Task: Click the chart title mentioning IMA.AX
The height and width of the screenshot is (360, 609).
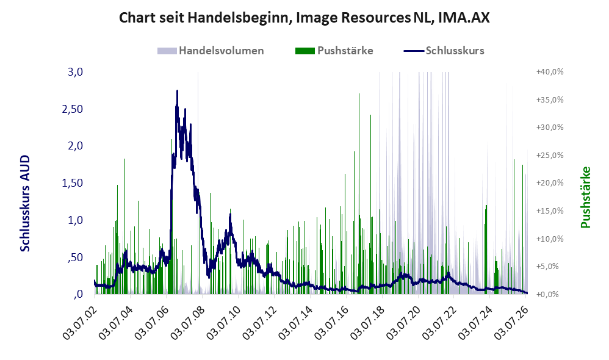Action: [x=304, y=18]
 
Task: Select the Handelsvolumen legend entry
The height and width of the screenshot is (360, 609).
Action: [x=211, y=51]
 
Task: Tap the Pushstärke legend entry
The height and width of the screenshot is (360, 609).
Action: [x=334, y=51]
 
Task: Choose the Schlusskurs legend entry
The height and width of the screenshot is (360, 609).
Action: [x=444, y=51]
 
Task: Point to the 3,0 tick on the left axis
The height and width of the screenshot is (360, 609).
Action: [x=75, y=72]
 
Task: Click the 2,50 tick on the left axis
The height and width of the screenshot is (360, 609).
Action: [x=72, y=109]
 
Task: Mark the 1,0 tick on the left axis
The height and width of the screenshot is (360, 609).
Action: [x=75, y=220]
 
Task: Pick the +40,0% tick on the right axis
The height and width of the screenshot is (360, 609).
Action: [x=550, y=72]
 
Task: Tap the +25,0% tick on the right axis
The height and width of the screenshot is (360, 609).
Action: [x=550, y=156]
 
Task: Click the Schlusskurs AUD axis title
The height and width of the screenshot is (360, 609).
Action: [x=25, y=203]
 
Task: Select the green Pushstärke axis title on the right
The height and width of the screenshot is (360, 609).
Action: [x=585, y=197]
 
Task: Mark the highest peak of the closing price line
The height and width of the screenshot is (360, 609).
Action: [x=177, y=91]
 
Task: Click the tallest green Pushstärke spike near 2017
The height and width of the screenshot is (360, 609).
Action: [x=359, y=93]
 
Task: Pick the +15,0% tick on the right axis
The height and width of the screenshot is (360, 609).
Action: [x=550, y=211]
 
